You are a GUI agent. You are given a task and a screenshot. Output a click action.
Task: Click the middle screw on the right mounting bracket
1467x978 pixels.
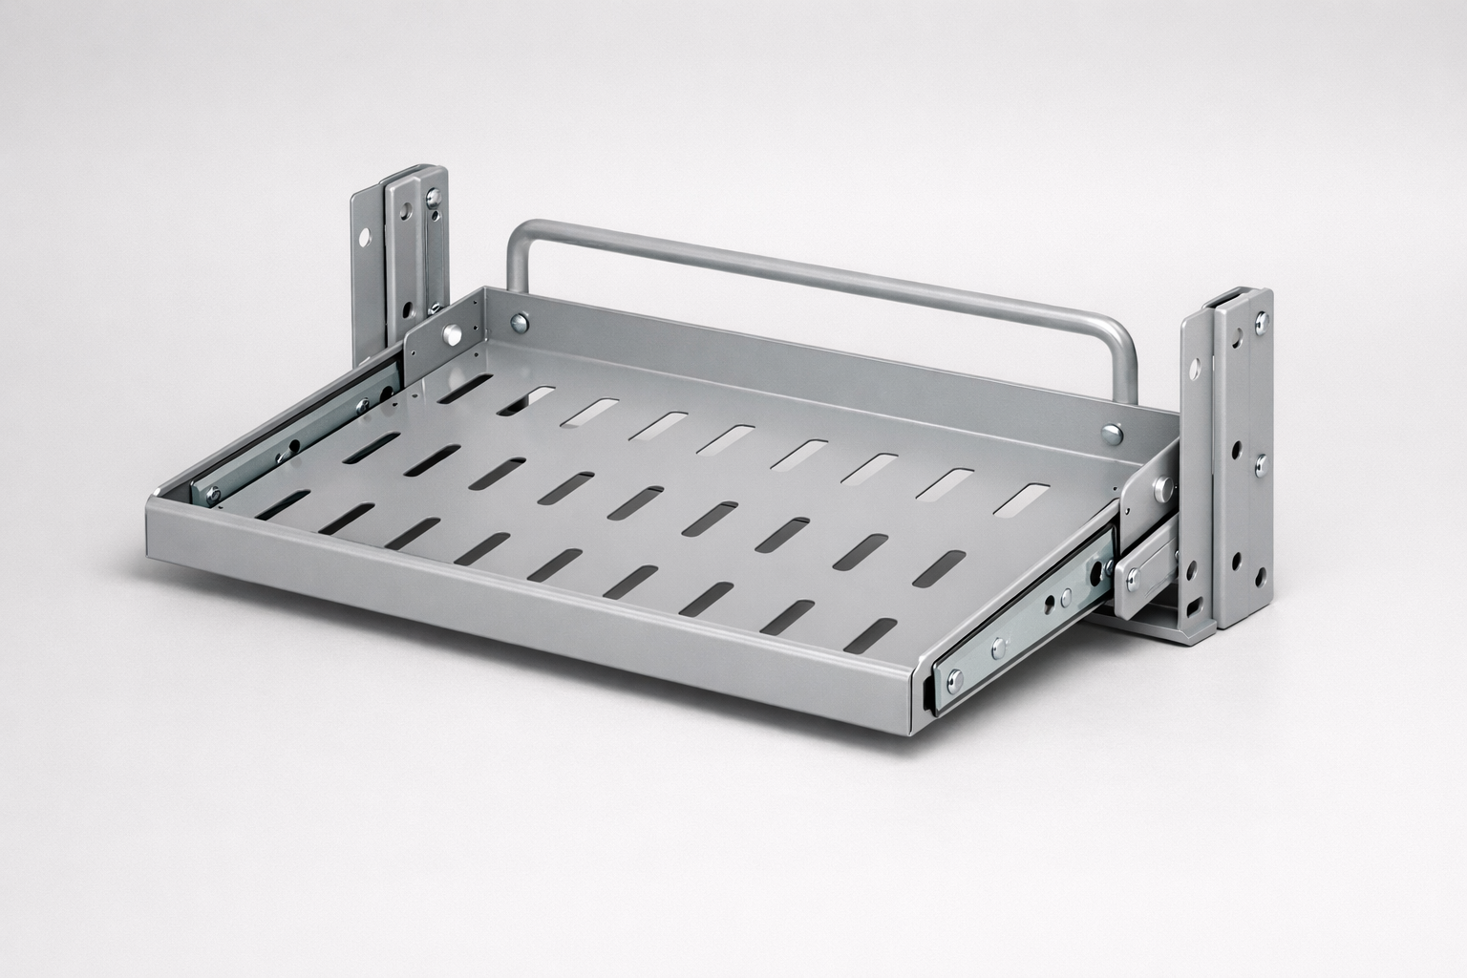point(1260,466)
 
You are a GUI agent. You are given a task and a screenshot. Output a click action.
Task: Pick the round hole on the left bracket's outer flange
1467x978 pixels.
point(365,233)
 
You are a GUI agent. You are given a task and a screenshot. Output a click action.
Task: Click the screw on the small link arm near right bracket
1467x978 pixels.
point(1134,579)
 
